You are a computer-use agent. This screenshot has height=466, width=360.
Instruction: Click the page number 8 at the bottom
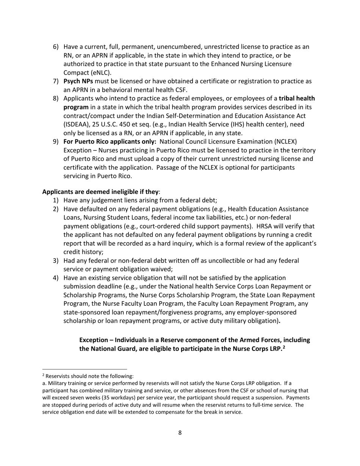click(x=180, y=433)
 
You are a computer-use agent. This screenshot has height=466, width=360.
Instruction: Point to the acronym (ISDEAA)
click(x=78, y=124)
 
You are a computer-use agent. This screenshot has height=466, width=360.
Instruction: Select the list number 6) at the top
click(x=56, y=47)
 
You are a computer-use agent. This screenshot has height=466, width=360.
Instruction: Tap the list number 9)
click(x=56, y=142)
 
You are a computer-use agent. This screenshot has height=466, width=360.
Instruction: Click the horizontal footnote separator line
click(x=85, y=369)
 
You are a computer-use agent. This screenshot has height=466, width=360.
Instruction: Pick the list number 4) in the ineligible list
click(x=56, y=278)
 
